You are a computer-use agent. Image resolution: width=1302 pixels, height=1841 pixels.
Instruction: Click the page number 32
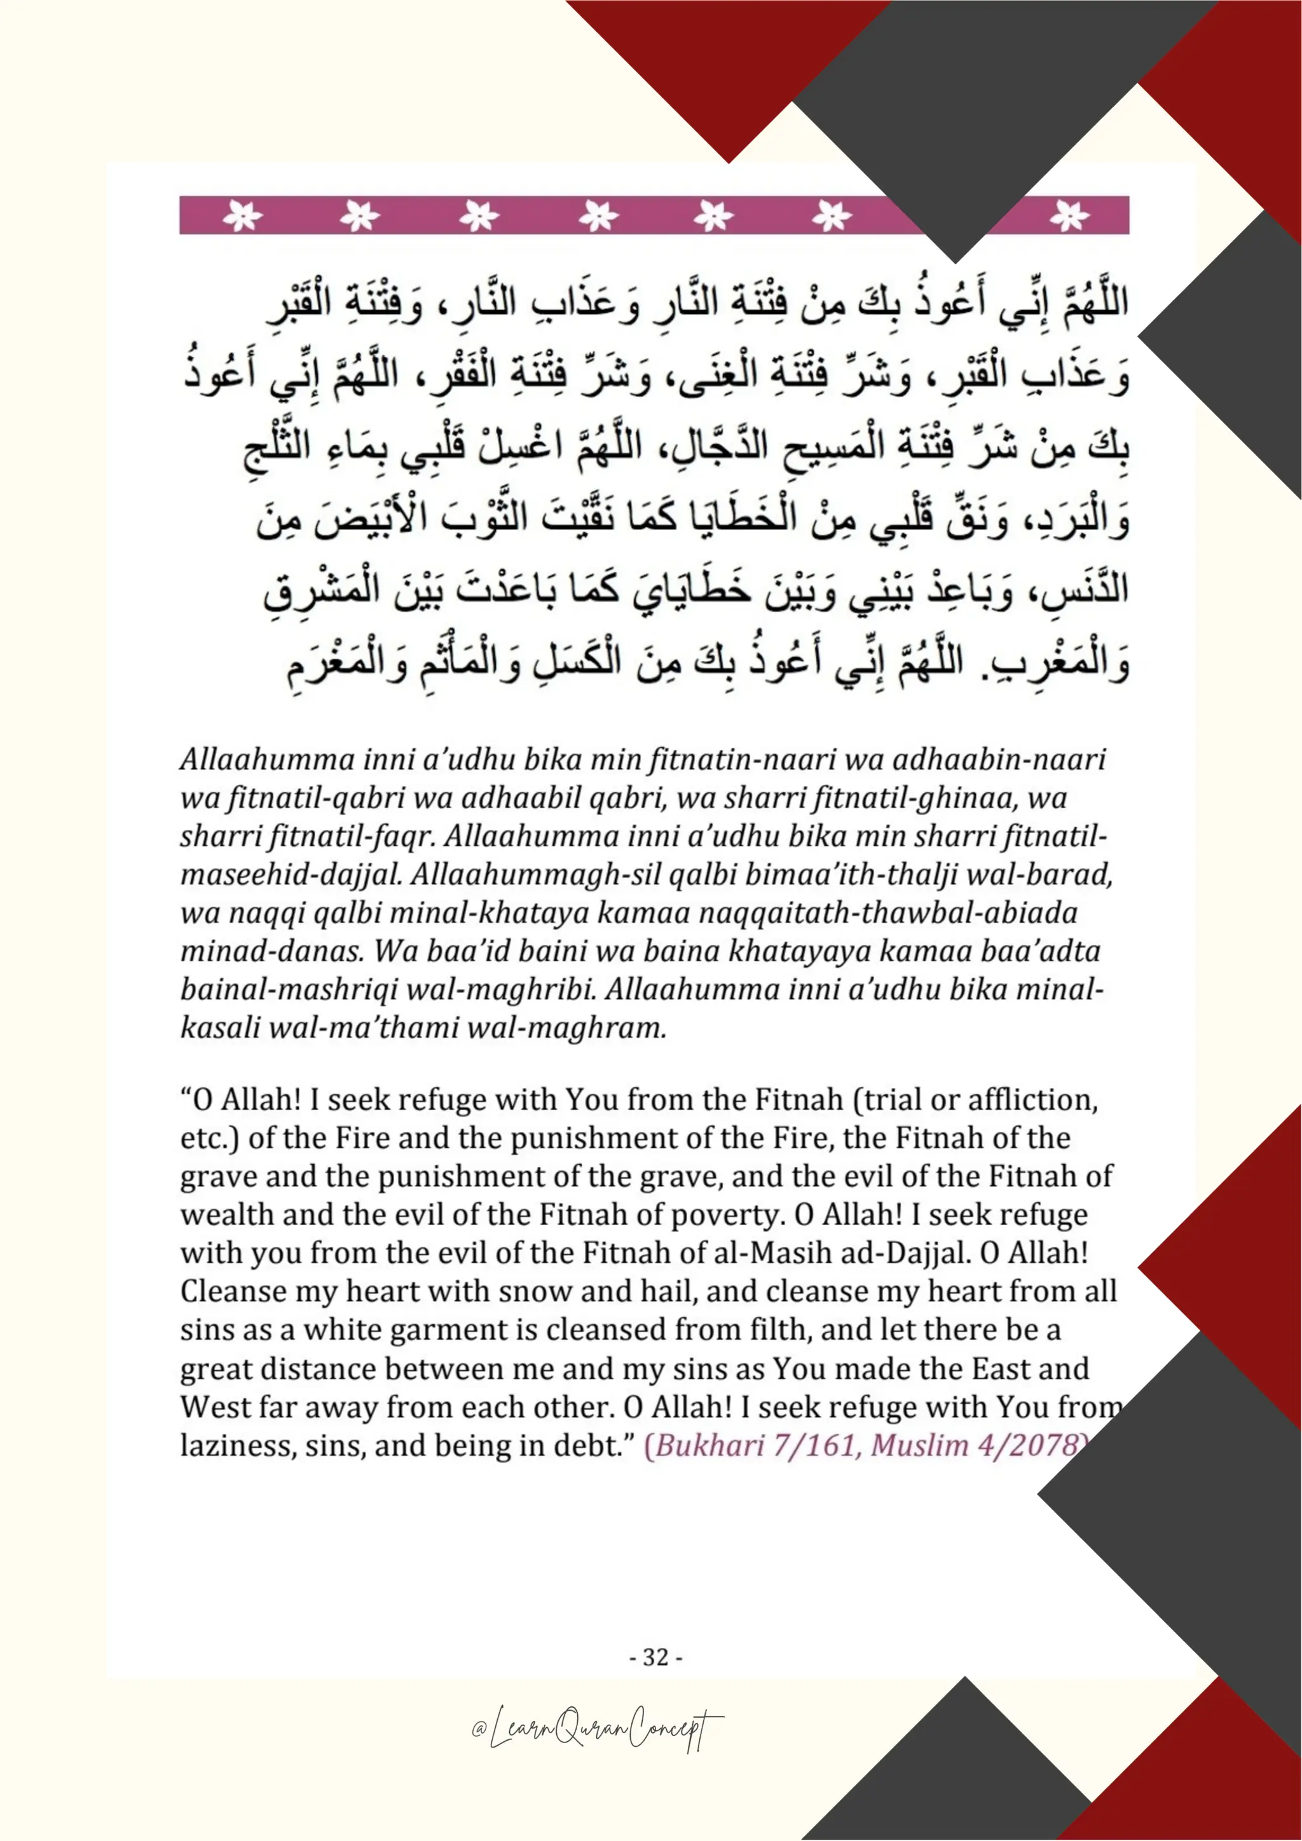click(x=655, y=1657)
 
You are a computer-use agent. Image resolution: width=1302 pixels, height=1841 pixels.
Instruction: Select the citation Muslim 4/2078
click(x=975, y=1446)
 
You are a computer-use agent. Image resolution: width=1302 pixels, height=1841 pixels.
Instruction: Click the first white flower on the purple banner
click(x=242, y=215)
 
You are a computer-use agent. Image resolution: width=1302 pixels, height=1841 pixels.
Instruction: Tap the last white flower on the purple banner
click(x=1069, y=215)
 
